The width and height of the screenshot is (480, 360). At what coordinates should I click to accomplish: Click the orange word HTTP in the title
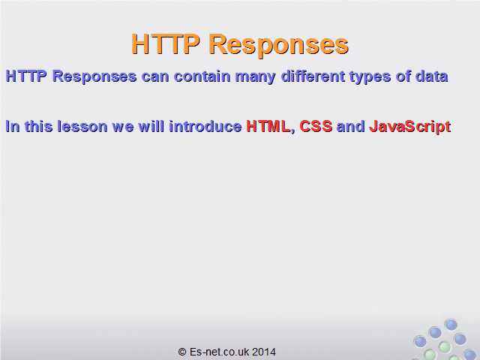pyautogui.click(x=166, y=43)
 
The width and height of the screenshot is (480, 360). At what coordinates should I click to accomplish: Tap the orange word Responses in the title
pyautogui.click(x=278, y=46)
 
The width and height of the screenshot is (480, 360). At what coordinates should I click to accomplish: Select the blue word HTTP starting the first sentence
pyautogui.click(x=26, y=76)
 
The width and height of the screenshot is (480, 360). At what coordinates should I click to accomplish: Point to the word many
pyautogui.click(x=255, y=77)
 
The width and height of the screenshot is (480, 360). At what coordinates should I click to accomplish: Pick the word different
pyautogui.click(x=313, y=76)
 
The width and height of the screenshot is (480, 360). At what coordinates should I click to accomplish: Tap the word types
pyautogui.click(x=370, y=77)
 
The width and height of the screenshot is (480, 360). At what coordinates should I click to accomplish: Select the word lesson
pyautogui.click(x=82, y=126)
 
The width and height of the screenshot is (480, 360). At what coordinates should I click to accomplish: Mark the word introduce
pyautogui.click(x=205, y=126)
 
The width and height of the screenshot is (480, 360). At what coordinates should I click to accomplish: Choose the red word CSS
pyautogui.click(x=316, y=126)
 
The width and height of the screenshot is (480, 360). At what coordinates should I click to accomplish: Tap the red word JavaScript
pyautogui.click(x=410, y=127)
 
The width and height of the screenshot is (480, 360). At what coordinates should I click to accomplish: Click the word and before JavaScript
pyautogui.click(x=351, y=126)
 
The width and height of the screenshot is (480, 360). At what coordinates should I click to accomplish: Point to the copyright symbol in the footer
pyautogui.click(x=182, y=352)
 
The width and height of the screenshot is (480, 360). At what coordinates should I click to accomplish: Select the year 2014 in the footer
pyautogui.click(x=264, y=352)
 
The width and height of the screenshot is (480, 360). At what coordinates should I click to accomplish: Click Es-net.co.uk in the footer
pyautogui.click(x=220, y=352)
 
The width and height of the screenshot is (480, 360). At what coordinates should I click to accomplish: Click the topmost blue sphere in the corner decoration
pyautogui.click(x=451, y=325)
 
